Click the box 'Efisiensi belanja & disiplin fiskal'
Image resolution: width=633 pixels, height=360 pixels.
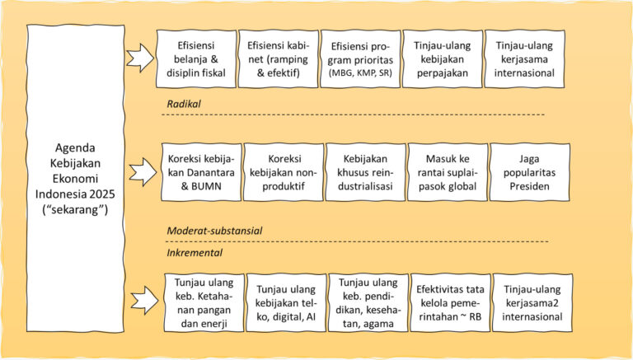(196, 59)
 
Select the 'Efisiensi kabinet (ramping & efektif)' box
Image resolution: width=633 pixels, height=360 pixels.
(278, 59)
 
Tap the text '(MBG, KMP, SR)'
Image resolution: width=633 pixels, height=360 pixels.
(360, 73)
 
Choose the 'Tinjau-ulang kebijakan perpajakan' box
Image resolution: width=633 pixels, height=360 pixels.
(443, 59)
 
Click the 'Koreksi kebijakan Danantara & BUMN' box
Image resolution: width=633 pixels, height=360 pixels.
(201, 172)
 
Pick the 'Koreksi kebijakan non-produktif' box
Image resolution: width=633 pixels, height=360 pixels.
(284, 172)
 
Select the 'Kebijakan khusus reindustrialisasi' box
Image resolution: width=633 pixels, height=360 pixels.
(365, 172)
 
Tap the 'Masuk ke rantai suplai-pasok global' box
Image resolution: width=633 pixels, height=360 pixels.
(448, 172)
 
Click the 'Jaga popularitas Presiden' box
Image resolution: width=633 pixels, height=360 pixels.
(530, 172)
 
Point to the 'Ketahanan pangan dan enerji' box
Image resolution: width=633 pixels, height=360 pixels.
(204, 302)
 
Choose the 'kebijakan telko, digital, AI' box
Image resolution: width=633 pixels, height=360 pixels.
(286, 302)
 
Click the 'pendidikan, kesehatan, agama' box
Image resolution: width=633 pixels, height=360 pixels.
(368, 302)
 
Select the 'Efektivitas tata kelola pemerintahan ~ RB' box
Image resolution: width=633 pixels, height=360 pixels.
(450, 302)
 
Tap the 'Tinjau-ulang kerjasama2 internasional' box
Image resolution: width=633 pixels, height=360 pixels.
(532, 302)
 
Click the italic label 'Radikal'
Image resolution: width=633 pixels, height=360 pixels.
(184, 104)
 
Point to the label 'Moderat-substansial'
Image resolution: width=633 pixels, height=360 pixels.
(214, 231)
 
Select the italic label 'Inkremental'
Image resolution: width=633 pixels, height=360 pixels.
(195, 253)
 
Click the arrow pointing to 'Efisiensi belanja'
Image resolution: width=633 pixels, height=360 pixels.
(140, 58)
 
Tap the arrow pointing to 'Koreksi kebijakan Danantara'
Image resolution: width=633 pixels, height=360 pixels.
(143, 172)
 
